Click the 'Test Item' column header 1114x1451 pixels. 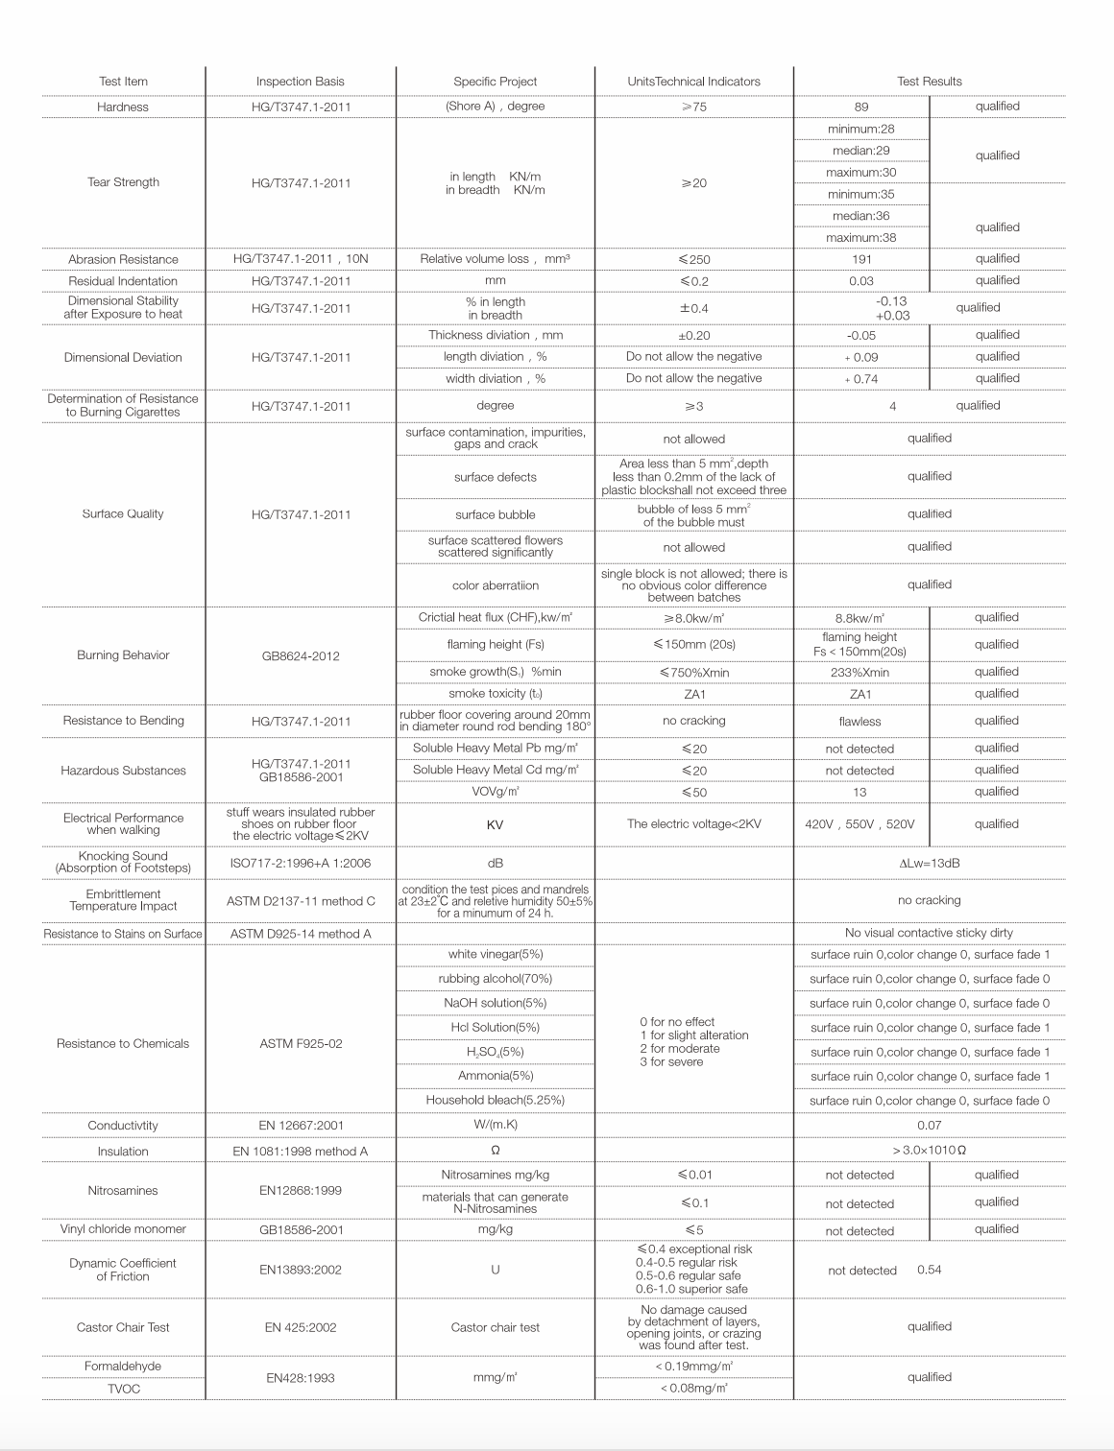[x=123, y=82]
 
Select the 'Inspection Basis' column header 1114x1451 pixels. [x=300, y=82]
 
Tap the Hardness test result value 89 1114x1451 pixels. [x=861, y=107]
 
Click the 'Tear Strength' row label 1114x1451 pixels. [x=123, y=182]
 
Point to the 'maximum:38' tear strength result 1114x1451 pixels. [x=861, y=238]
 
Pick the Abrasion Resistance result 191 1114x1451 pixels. [x=861, y=259]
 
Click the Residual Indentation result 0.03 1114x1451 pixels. [x=861, y=281]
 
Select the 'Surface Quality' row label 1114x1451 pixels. [x=123, y=514]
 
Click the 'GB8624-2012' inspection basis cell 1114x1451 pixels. [x=300, y=656]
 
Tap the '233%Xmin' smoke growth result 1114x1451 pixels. [x=860, y=673]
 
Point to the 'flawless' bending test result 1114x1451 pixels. [x=860, y=722]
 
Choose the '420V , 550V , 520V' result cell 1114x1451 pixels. [x=860, y=824]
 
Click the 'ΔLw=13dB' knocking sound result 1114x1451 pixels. [x=929, y=863]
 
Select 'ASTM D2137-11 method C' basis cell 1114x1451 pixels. [x=301, y=901]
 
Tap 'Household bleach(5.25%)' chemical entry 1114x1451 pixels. [x=495, y=1100]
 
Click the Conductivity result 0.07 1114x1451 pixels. [x=929, y=1126]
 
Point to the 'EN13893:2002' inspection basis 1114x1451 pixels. [x=300, y=1270]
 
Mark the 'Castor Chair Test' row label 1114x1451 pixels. [x=123, y=1328]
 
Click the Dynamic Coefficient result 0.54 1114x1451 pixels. [x=929, y=1271]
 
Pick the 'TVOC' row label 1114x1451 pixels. [x=123, y=1389]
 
